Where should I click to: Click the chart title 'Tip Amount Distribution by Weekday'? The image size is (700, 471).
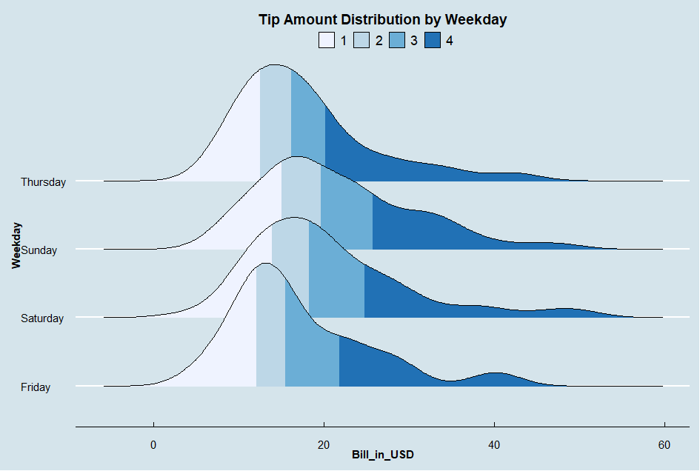pyautogui.click(x=382, y=20)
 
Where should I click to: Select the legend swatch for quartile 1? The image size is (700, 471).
pyautogui.click(x=327, y=41)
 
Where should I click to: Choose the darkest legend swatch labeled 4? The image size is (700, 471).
pyautogui.click(x=433, y=41)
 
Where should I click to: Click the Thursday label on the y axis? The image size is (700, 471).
pyautogui.click(x=43, y=182)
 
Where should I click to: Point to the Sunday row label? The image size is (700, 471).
pyautogui.click(x=39, y=250)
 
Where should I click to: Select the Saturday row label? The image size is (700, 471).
pyautogui.click(x=42, y=318)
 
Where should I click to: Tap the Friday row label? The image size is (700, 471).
pyautogui.click(x=36, y=387)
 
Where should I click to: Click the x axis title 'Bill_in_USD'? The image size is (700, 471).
pyautogui.click(x=382, y=456)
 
